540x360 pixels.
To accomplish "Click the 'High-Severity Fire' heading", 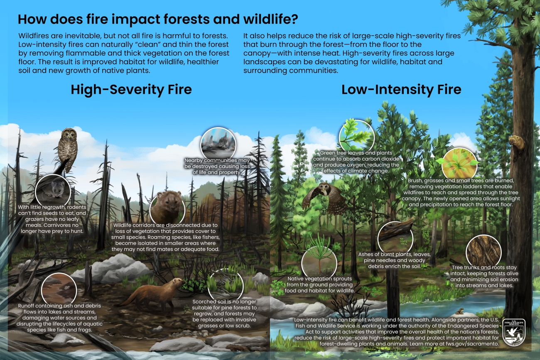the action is pyautogui.click(x=131, y=90).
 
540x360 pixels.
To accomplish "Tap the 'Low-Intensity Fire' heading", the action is pyautogui.click(x=401, y=90).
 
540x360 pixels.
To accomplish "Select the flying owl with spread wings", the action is pyautogui.click(x=324, y=198).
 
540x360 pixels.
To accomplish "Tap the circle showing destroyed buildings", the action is pyautogui.click(x=218, y=144).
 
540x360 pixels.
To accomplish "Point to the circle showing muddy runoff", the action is pyautogui.click(x=59, y=290).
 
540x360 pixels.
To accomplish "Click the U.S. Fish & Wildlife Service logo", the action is pyautogui.click(x=514, y=333).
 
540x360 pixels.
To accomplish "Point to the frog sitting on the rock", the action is pyautogui.click(x=459, y=311).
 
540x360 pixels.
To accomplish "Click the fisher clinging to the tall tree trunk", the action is pyautogui.click(x=516, y=144).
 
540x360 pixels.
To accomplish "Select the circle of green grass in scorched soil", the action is pyautogui.click(x=226, y=286).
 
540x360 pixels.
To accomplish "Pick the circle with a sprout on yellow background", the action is pyautogui.click(x=459, y=165).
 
